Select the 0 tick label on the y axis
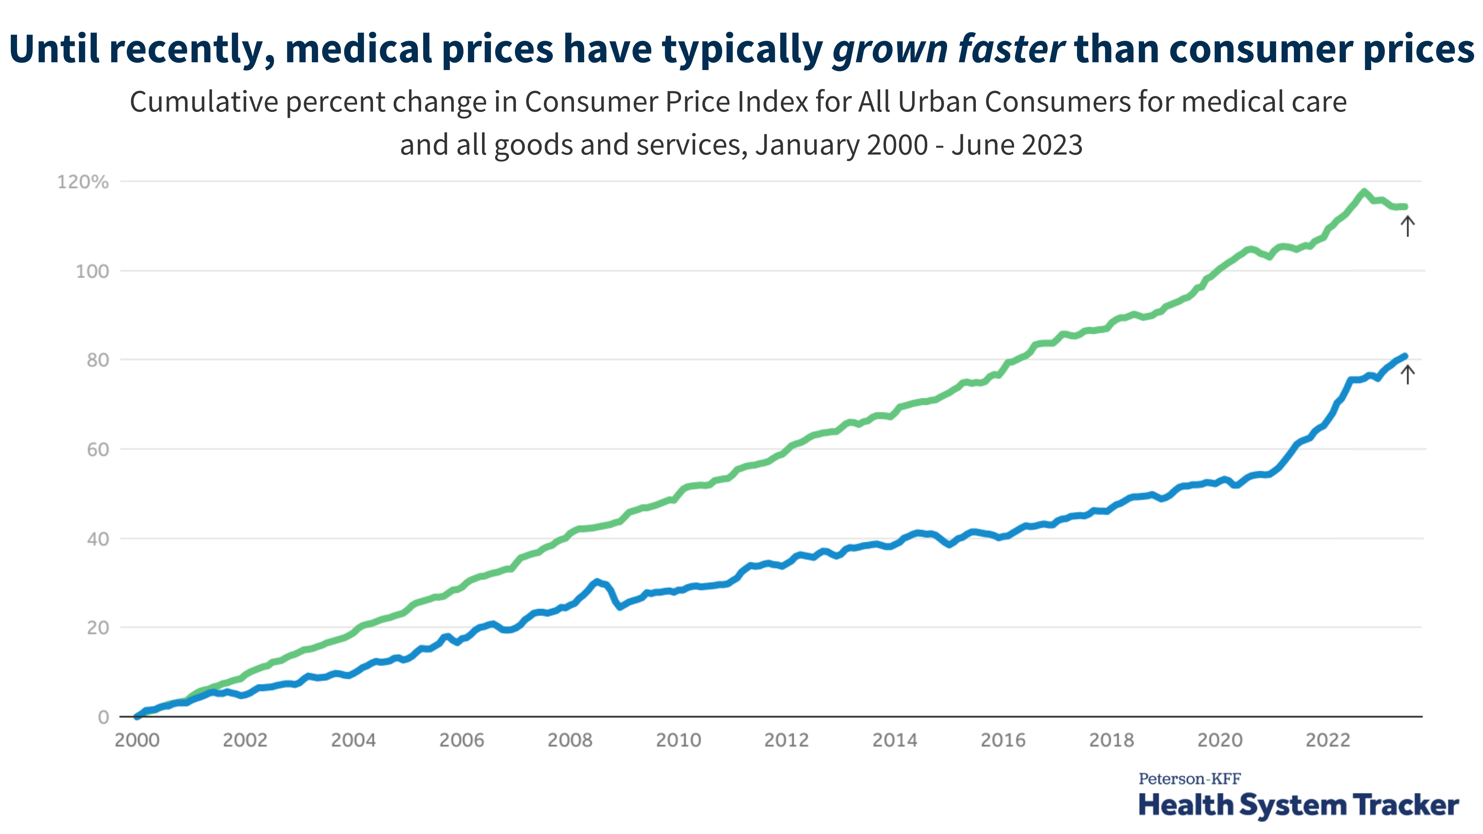pos(103,717)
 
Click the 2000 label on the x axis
pos(137,740)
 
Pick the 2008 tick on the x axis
pos(569,740)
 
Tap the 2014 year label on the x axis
pos(894,740)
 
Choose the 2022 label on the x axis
pos(1328,740)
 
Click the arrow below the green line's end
pos(1407,226)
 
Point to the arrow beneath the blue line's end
pos(1407,375)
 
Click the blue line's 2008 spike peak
pos(597,582)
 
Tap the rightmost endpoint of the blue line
pos(1405,356)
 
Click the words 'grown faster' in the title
pos(948,49)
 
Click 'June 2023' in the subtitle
pos(1017,145)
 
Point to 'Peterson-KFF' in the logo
pos(1189,779)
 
